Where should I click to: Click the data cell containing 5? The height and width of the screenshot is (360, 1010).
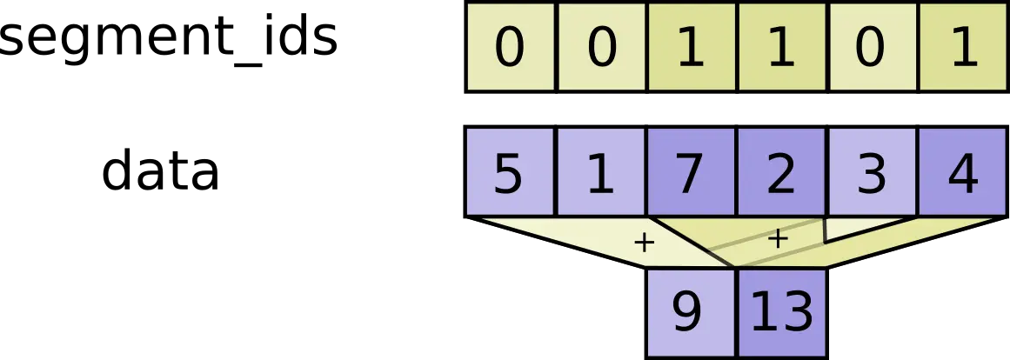click(x=509, y=172)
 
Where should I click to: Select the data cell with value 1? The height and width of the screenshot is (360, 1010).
click(x=600, y=172)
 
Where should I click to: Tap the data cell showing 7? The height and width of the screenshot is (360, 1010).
click(x=691, y=172)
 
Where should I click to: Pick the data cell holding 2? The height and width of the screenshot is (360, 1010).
click(x=781, y=172)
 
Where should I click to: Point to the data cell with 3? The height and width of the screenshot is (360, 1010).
click(x=872, y=172)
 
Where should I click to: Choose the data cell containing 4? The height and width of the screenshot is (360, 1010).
click(x=962, y=172)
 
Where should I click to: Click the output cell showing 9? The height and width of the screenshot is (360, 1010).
click(x=687, y=311)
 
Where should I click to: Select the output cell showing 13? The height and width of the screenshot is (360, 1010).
click(x=781, y=311)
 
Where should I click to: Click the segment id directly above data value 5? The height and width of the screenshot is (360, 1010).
click(x=509, y=47)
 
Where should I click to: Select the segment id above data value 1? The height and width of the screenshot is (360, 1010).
click(x=600, y=47)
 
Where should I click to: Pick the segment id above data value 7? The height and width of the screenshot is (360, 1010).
click(x=691, y=47)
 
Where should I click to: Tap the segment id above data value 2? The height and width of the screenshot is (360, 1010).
click(x=781, y=47)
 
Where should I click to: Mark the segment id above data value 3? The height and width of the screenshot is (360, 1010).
click(x=872, y=47)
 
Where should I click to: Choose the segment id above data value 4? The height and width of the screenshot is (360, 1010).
click(x=962, y=47)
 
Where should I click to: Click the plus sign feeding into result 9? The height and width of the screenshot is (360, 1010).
click(x=644, y=243)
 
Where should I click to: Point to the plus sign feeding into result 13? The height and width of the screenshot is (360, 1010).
click(x=778, y=239)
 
